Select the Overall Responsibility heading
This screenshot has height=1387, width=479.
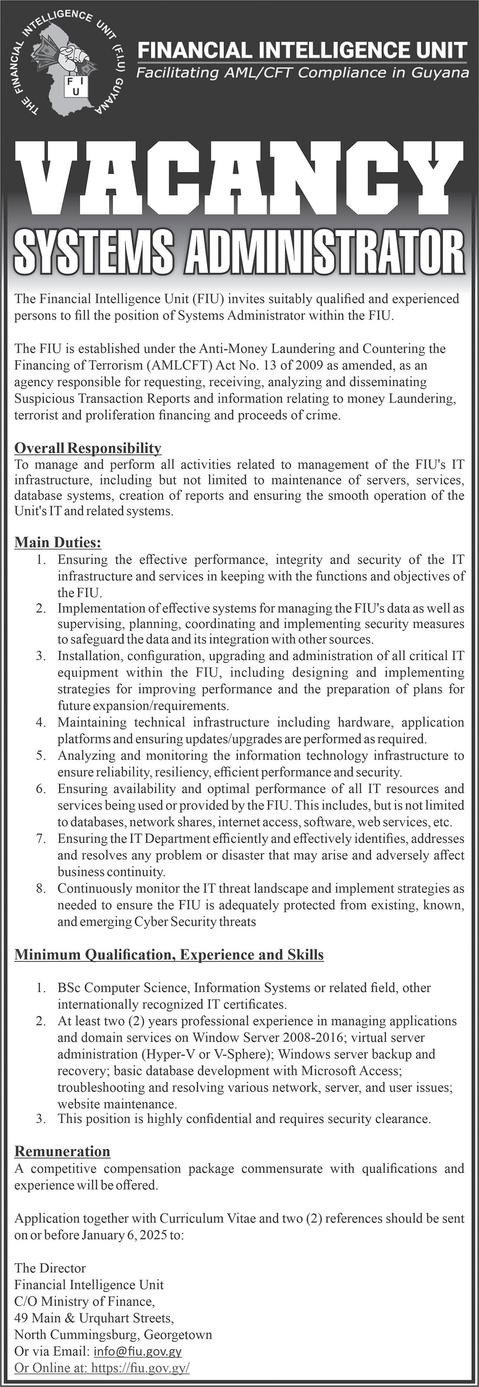click(88, 448)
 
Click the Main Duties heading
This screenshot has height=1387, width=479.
click(58, 542)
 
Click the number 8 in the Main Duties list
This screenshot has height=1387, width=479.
click(40, 889)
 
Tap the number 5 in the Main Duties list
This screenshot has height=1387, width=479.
click(40, 755)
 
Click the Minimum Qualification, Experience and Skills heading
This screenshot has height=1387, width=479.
click(169, 954)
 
